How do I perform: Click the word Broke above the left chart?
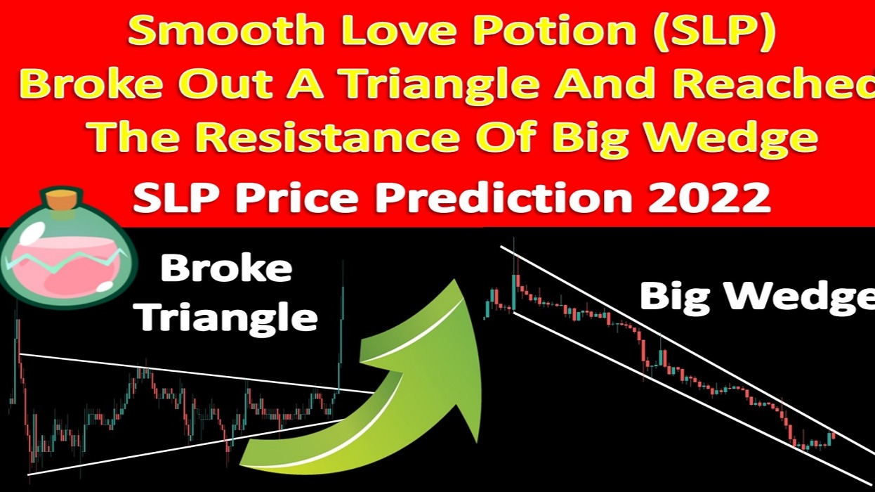(227, 268)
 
